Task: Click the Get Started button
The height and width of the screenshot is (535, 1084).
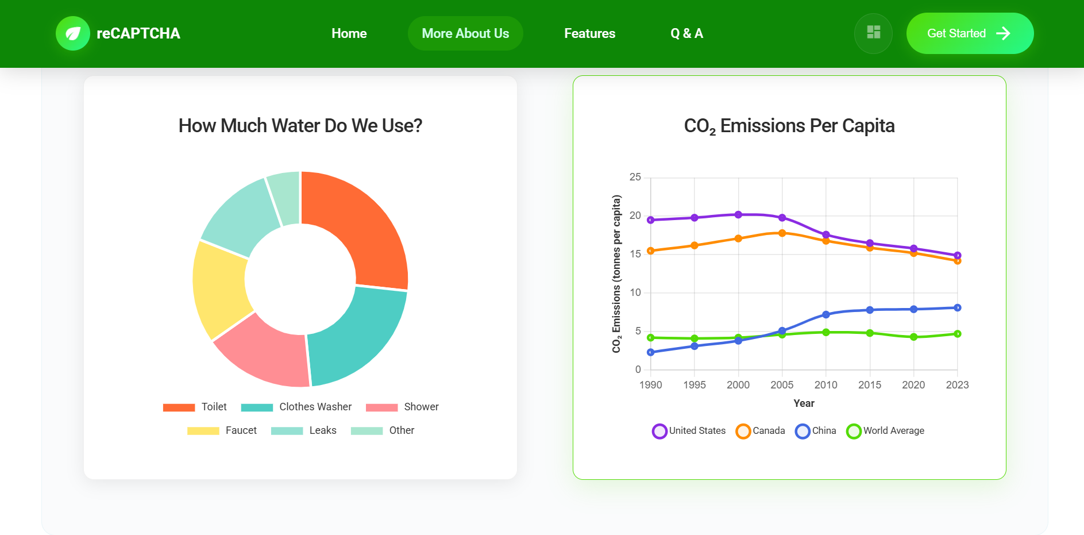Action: click(x=969, y=33)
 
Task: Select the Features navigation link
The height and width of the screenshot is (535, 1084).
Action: click(x=589, y=33)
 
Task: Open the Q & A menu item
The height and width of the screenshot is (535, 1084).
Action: click(x=686, y=33)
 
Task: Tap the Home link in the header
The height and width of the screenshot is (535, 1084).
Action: click(x=349, y=33)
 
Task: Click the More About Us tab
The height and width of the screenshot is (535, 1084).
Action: click(x=465, y=33)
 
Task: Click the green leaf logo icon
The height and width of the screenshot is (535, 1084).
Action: click(x=73, y=33)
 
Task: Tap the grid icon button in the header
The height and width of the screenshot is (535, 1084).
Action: click(x=873, y=33)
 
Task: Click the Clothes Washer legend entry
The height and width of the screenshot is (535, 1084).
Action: click(x=296, y=407)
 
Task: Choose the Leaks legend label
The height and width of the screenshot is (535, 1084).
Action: click(x=322, y=430)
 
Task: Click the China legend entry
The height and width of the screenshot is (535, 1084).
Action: click(x=816, y=431)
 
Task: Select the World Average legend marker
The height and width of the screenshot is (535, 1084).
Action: click(x=854, y=431)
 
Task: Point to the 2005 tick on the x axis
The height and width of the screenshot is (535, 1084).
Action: click(x=782, y=385)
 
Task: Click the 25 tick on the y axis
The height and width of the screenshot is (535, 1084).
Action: click(x=635, y=177)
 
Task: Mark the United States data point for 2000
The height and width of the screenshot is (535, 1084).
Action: click(x=738, y=215)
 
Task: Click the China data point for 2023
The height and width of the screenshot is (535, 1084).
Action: click(x=957, y=308)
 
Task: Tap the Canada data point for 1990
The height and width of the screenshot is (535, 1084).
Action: click(x=651, y=251)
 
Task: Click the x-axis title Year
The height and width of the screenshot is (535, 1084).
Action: click(x=804, y=403)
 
